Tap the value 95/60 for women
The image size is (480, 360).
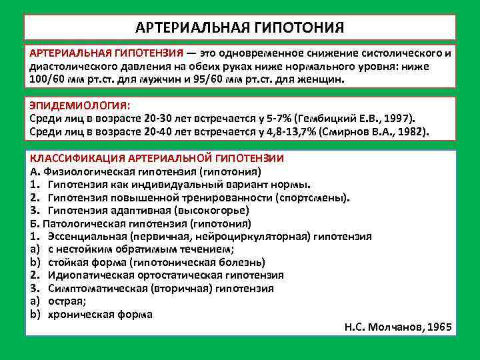[227, 79]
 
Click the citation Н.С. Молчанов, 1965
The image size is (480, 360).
[398, 327]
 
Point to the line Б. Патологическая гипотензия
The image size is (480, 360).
[140, 223]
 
